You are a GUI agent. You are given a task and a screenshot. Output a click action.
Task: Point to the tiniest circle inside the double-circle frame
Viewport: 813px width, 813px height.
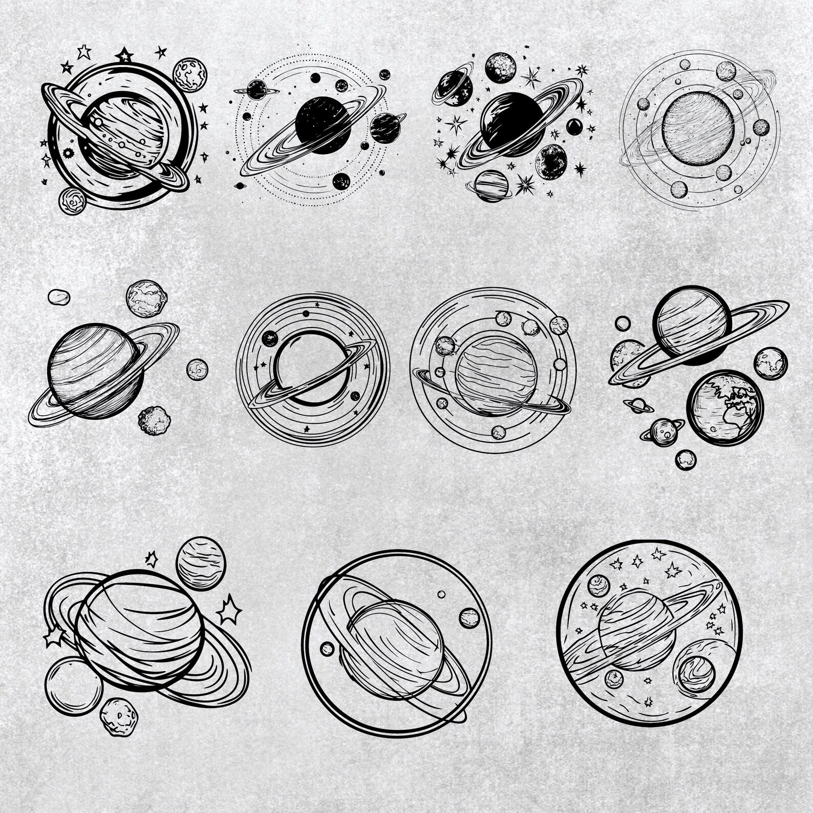pos(441,594)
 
